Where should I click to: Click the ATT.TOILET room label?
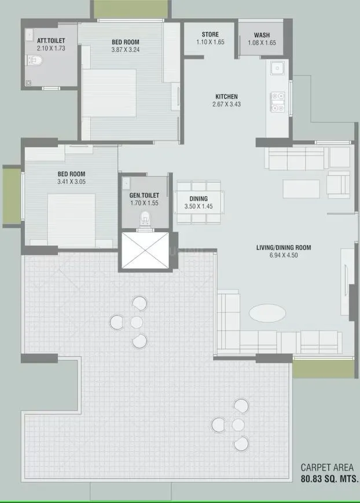(51, 40)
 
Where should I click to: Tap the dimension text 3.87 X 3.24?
(126, 50)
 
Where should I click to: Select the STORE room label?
(210, 34)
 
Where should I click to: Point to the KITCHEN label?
(226, 97)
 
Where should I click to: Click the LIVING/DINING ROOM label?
(284, 248)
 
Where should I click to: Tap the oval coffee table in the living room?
(267, 313)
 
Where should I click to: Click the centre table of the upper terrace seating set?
(136, 321)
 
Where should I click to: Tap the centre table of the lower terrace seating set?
(238, 424)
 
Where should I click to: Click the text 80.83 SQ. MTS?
(329, 479)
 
